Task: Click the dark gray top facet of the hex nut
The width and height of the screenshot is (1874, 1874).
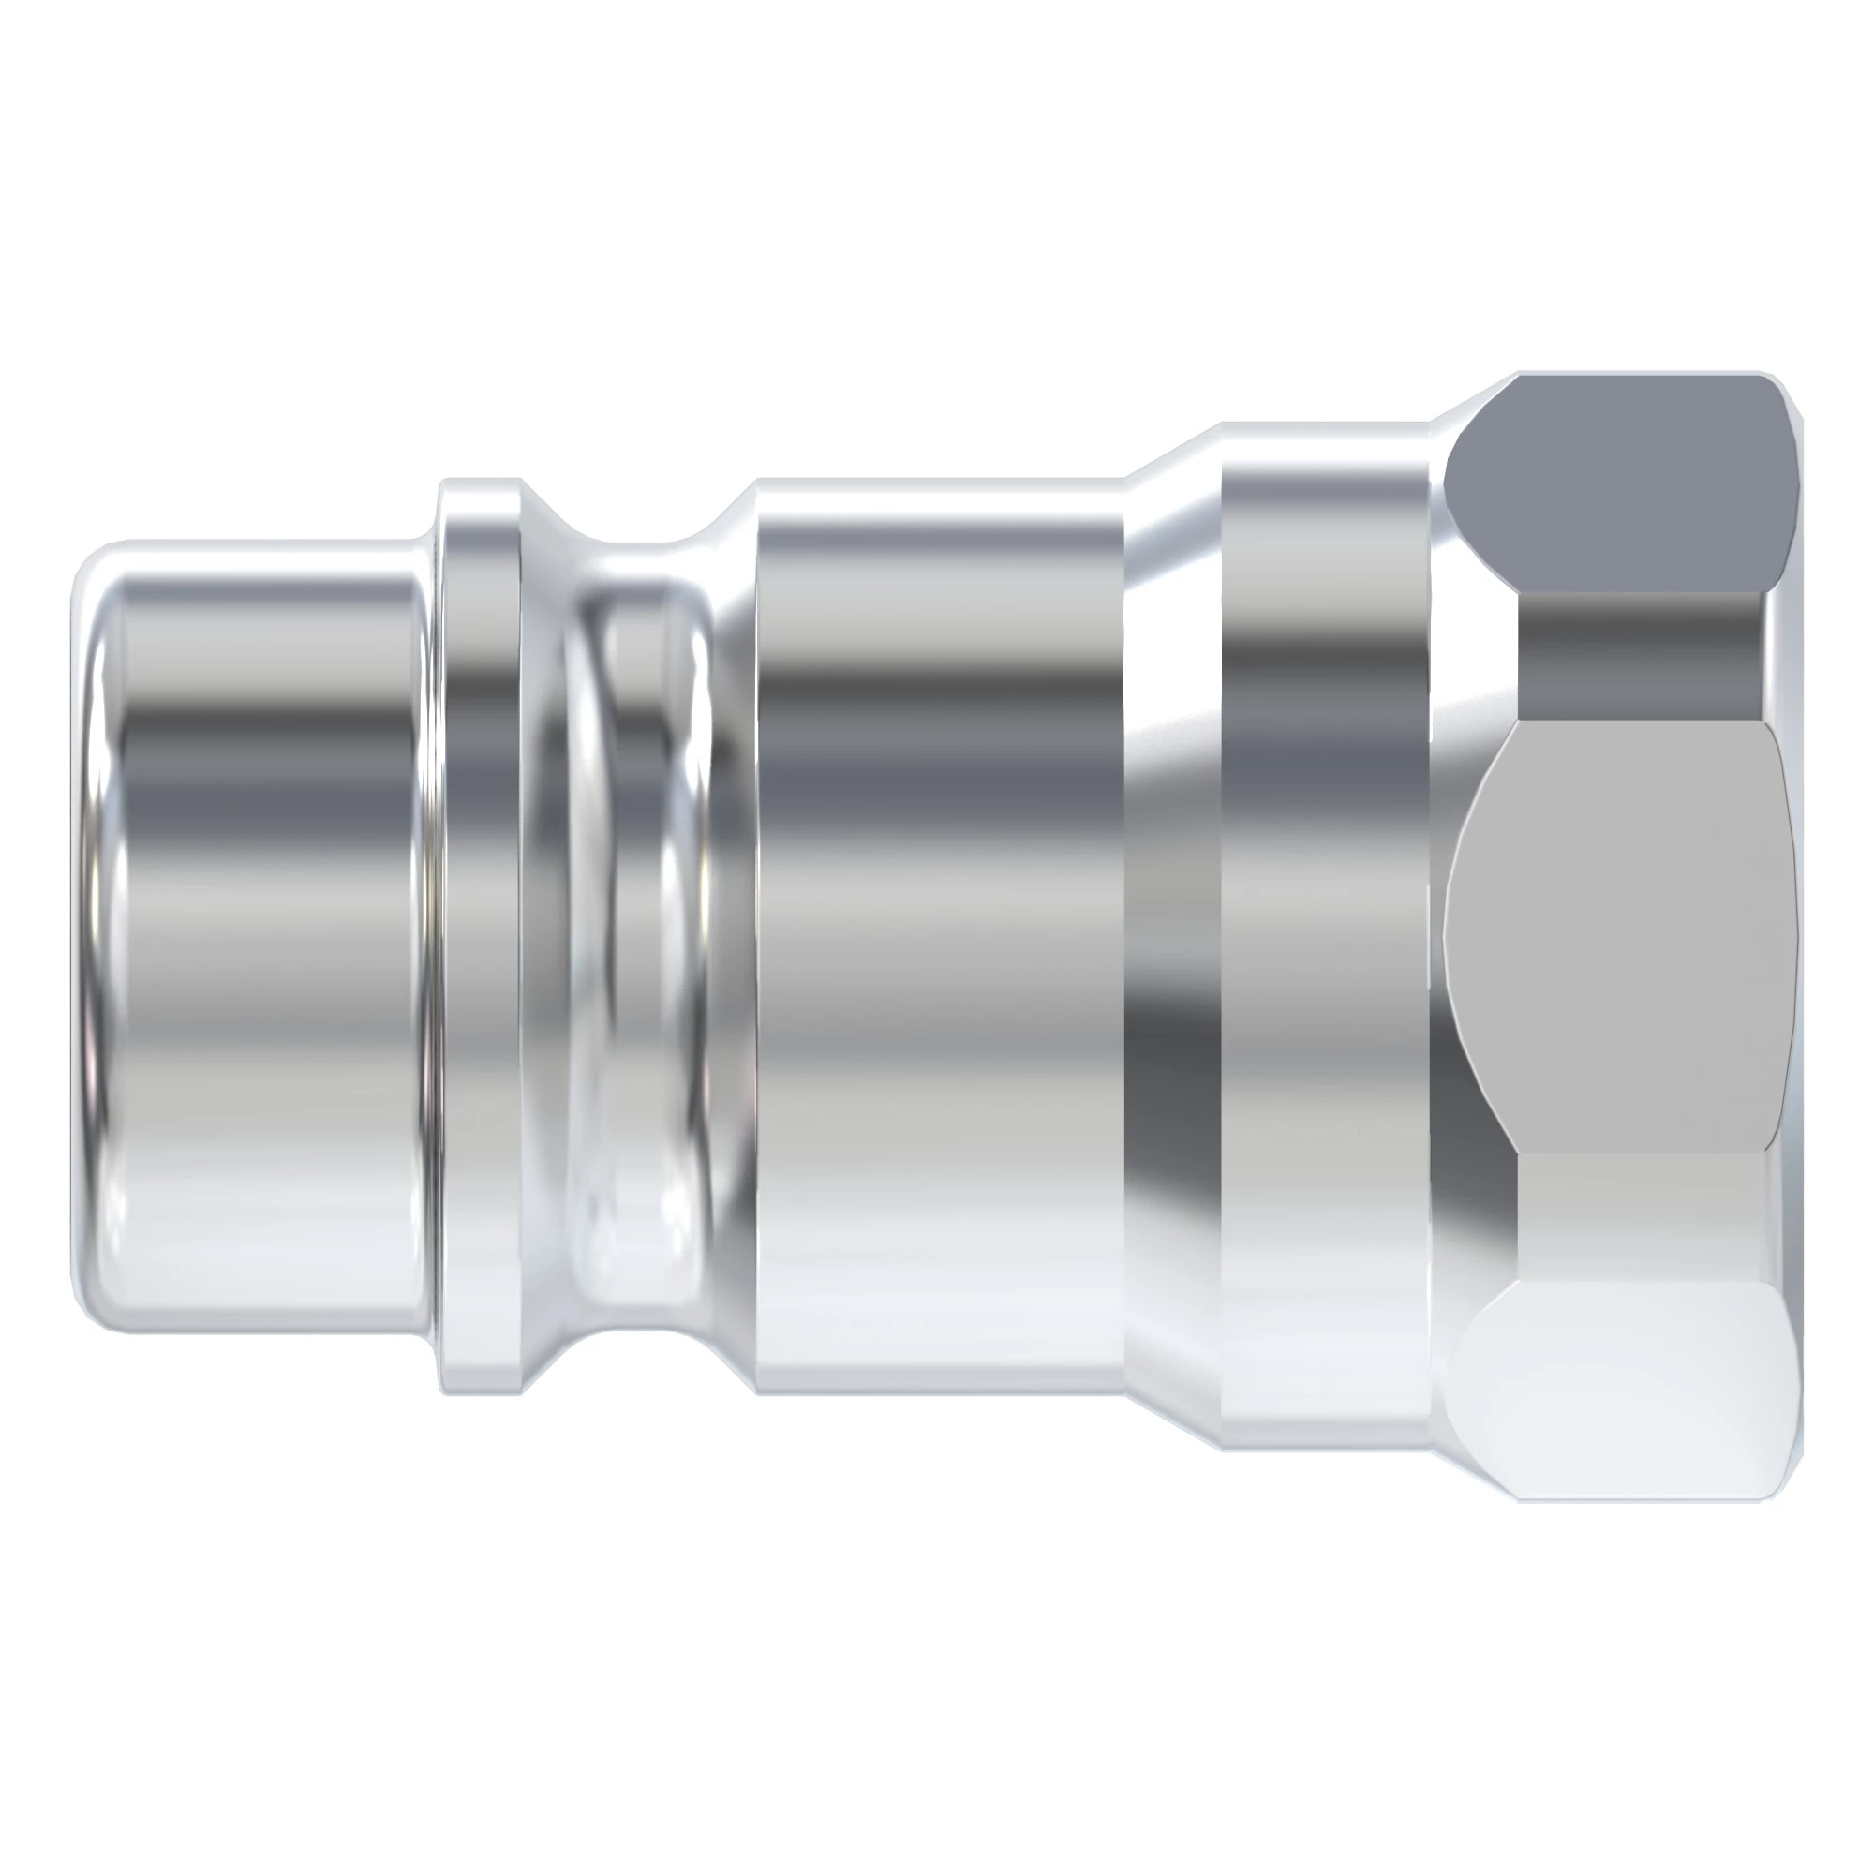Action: click(1615, 485)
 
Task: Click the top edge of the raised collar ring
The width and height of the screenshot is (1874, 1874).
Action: click(480, 482)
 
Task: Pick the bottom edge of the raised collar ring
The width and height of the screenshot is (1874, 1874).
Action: click(480, 1392)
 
